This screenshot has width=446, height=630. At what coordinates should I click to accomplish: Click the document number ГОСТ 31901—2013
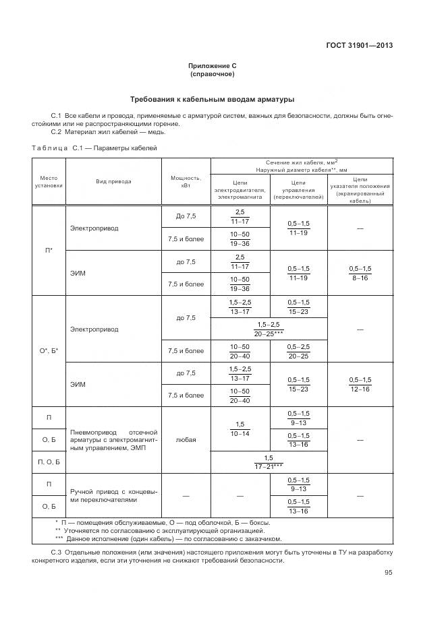point(359,46)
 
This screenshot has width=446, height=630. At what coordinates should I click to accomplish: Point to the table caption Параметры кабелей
point(126,147)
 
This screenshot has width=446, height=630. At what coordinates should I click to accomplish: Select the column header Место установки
point(49,181)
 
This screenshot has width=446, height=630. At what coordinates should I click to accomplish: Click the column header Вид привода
point(113,181)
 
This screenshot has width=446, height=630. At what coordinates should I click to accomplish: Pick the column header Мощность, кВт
point(186,181)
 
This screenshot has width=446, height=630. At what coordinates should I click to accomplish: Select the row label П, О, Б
point(49,462)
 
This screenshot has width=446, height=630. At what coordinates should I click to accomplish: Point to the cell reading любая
point(186,439)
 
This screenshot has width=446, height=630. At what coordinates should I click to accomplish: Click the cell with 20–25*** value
point(269,329)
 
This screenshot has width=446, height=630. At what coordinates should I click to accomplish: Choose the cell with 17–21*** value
point(269,462)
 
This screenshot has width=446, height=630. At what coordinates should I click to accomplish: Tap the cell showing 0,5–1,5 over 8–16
point(360,272)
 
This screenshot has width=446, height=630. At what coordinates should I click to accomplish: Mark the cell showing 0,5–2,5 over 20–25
point(298,350)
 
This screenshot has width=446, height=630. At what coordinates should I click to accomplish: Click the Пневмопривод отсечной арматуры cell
point(113,439)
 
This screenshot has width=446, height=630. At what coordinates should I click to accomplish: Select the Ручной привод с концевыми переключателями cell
point(113,496)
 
